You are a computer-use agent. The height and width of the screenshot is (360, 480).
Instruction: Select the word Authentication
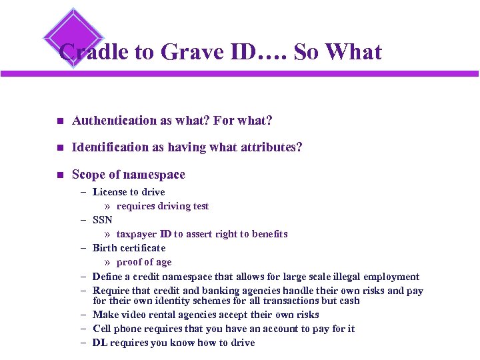pyautogui.click(x=114, y=121)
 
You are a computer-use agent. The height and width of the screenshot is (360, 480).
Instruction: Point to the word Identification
pyautogui.click(x=110, y=147)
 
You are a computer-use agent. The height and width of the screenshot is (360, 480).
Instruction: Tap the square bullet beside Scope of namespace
pyautogui.click(x=59, y=175)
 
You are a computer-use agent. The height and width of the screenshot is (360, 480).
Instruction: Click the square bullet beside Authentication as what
pyautogui.click(x=59, y=121)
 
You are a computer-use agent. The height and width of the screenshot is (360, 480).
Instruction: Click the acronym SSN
pyautogui.click(x=103, y=220)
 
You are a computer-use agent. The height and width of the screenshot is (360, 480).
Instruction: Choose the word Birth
pyautogui.click(x=105, y=248)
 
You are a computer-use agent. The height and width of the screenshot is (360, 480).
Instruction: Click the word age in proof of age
pyautogui.click(x=163, y=262)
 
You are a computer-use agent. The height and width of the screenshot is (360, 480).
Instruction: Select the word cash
pyautogui.click(x=349, y=301)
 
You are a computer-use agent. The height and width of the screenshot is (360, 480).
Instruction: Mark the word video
pyautogui.click(x=132, y=315)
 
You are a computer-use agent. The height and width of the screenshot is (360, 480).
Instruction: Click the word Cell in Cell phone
pyautogui.click(x=101, y=329)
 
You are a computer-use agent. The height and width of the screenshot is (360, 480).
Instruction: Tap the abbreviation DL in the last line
pyautogui.click(x=99, y=343)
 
